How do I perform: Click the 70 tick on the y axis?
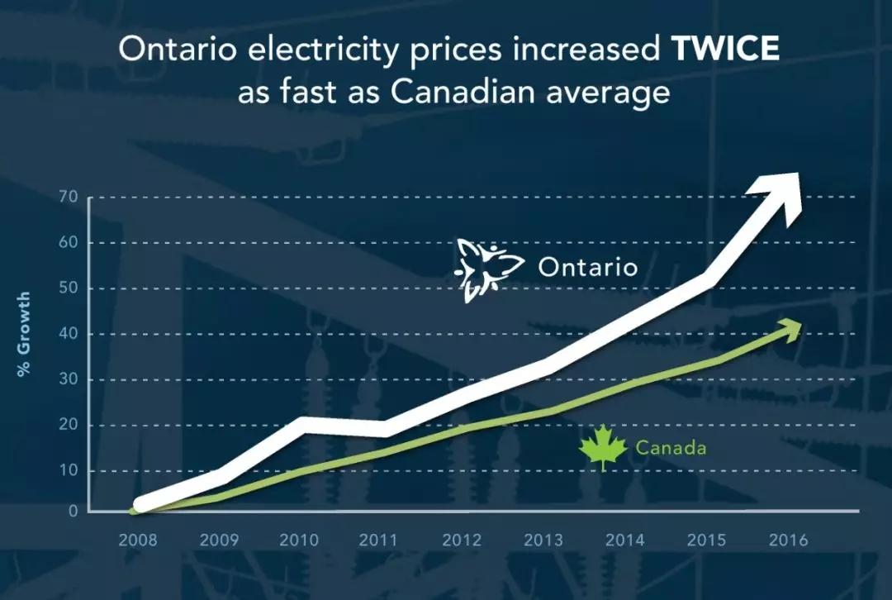[68, 198]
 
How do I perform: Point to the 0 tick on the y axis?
[73, 512]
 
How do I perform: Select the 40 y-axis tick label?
[68, 334]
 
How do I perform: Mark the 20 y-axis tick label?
[68, 426]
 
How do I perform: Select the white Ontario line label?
[587, 268]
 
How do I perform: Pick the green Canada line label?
[671, 449]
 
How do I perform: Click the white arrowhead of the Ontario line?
[780, 193]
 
